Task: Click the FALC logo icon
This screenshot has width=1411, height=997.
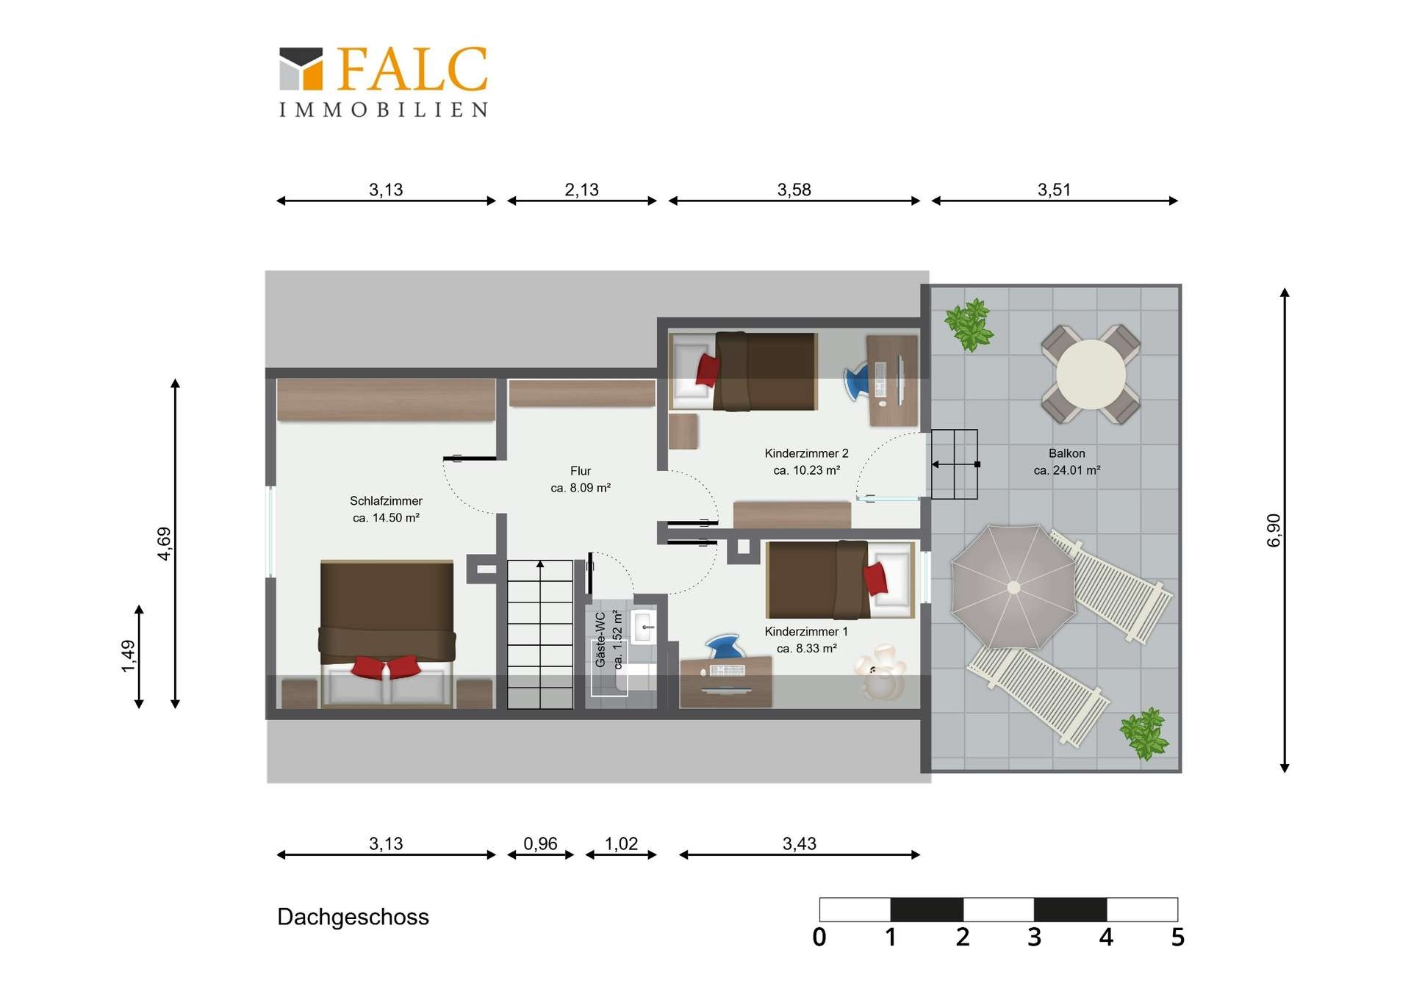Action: point(301,69)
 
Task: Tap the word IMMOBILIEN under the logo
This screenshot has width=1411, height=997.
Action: point(383,109)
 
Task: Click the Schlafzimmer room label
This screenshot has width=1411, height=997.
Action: point(386,501)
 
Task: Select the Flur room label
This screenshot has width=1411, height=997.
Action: point(581,471)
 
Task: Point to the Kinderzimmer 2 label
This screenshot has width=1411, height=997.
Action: point(806,453)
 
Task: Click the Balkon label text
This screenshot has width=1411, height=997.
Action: point(1066,453)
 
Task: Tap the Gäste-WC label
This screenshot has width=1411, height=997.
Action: point(600,640)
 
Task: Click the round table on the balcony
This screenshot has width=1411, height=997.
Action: point(1091,375)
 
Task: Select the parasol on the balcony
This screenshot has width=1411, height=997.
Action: point(1013,587)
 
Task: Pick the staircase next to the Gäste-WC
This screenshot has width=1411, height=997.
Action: point(540,634)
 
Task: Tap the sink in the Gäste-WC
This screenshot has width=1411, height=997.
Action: point(645,626)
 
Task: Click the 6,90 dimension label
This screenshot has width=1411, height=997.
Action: point(1274,530)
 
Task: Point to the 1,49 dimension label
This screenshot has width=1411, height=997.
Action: point(128,656)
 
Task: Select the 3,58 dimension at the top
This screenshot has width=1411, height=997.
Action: point(794,190)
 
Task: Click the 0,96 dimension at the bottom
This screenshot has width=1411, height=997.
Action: point(540,843)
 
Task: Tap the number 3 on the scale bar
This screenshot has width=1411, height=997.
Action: point(1034,937)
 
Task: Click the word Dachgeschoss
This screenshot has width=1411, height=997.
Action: point(353,917)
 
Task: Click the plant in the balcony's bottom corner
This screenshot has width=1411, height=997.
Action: point(1143,733)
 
